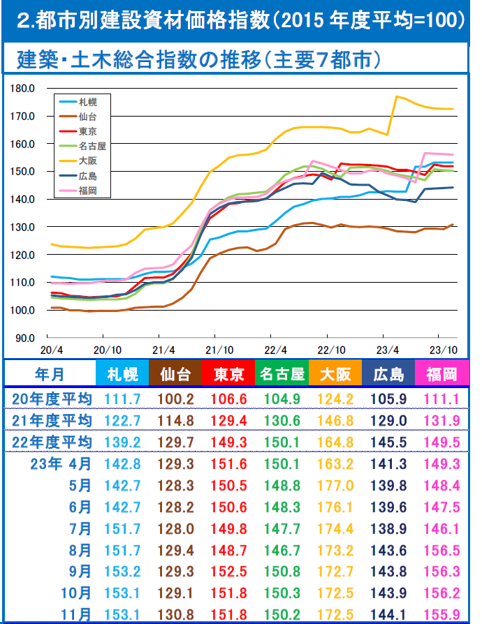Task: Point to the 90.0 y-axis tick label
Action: pyautogui.click(x=24, y=338)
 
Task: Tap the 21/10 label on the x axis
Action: pyautogui.click(x=220, y=349)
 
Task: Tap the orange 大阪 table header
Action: pyautogui.click(x=336, y=374)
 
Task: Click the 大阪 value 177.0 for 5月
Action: pyautogui.click(x=336, y=486)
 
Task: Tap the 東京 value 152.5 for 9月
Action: pyautogui.click(x=228, y=572)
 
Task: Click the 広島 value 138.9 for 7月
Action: pyautogui.click(x=389, y=529)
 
